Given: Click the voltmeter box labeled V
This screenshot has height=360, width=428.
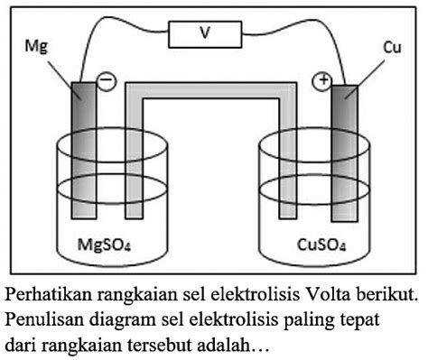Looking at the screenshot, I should pyautogui.click(x=206, y=34).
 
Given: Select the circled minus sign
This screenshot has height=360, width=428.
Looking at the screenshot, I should pyautogui.click(x=106, y=81).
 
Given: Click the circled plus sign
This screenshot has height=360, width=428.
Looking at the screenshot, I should pyautogui.click(x=321, y=82).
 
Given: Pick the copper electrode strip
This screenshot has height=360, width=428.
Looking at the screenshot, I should pyautogui.click(x=344, y=153).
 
